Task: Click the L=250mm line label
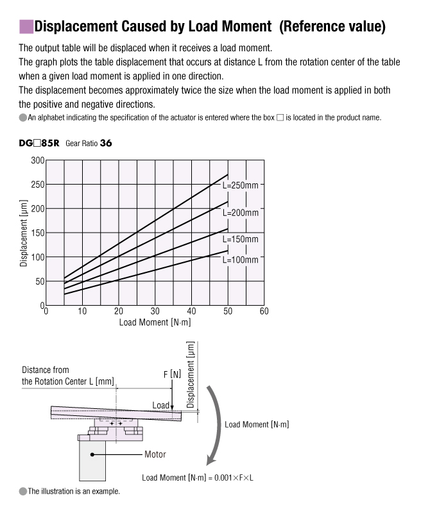tap(241, 185)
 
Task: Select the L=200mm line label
tap(241, 212)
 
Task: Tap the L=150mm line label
tap(241, 239)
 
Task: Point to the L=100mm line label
tap(241, 260)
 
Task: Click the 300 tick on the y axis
tap(37, 160)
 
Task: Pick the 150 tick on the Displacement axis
tap(37, 233)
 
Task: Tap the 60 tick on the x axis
tap(264, 311)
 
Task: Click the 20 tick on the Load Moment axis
tap(118, 311)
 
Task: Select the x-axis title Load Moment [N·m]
tap(155, 322)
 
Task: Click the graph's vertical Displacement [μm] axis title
tap(24, 233)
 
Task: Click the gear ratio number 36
tap(106, 144)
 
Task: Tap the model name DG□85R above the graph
tap(39, 144)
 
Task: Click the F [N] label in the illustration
tap(171, 374)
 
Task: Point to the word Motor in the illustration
tap(155, 454)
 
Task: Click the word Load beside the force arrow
tap(161, 405)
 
